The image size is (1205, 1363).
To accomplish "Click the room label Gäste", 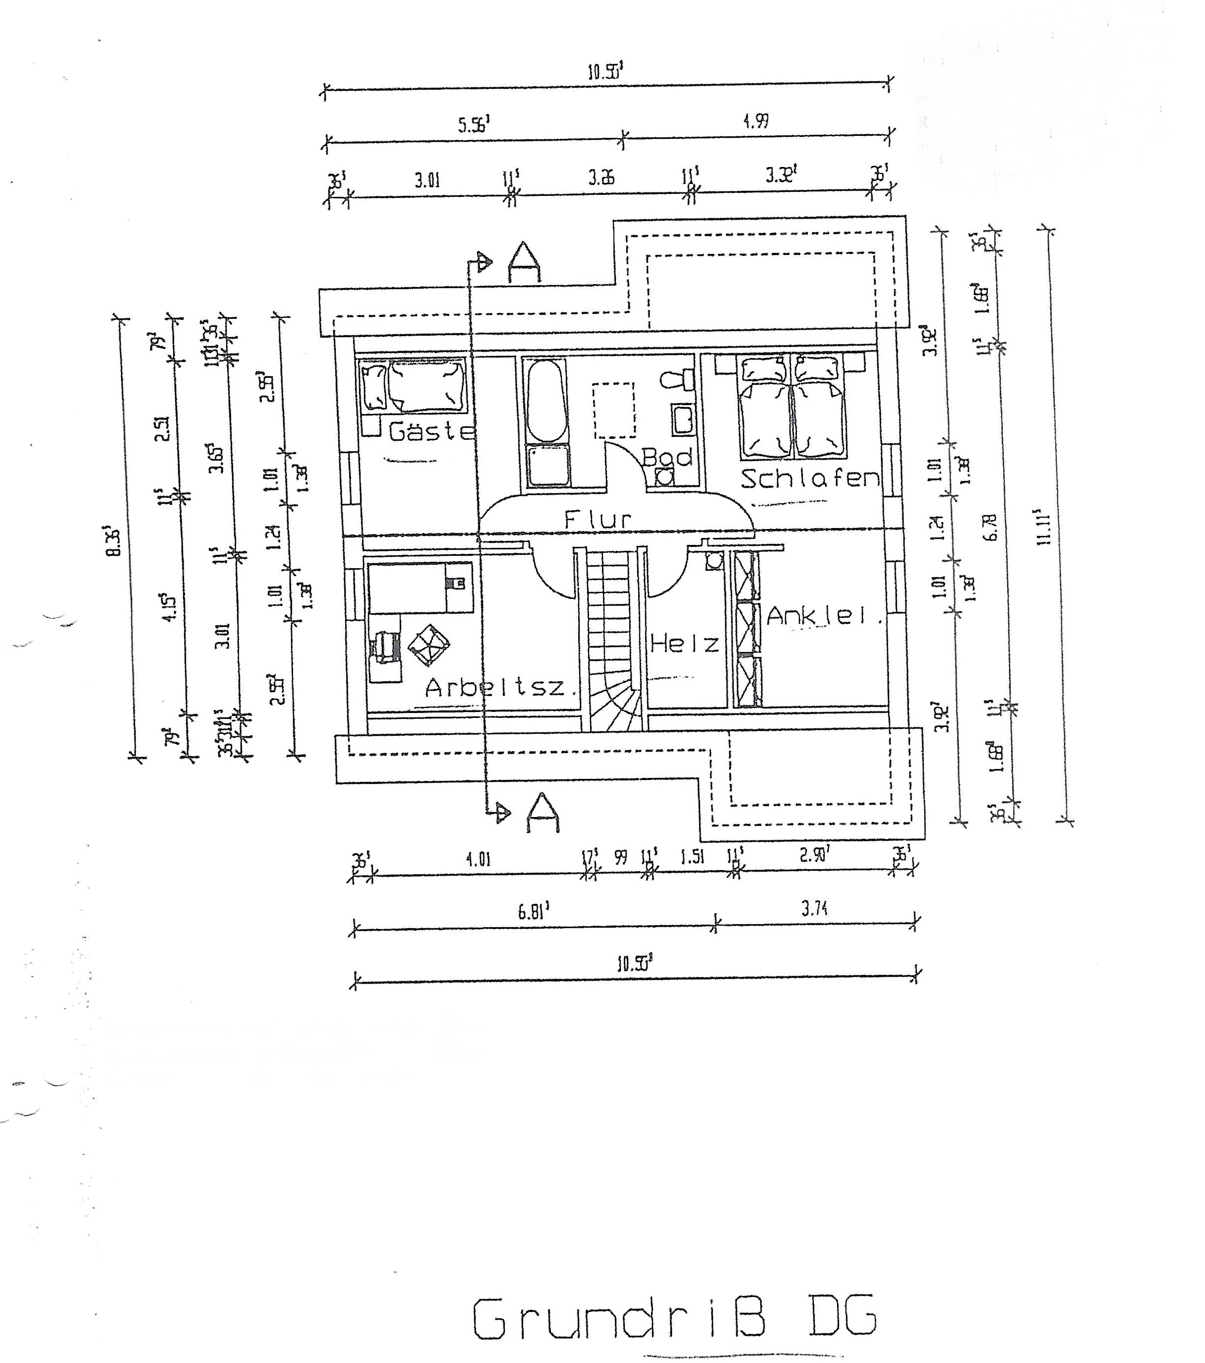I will (432, 431).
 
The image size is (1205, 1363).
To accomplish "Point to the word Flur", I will (598, 520).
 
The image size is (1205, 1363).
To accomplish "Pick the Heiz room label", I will (685, 644).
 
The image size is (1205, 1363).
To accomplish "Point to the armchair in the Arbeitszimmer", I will (428, 645).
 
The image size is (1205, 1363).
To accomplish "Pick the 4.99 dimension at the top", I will (756, 121).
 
